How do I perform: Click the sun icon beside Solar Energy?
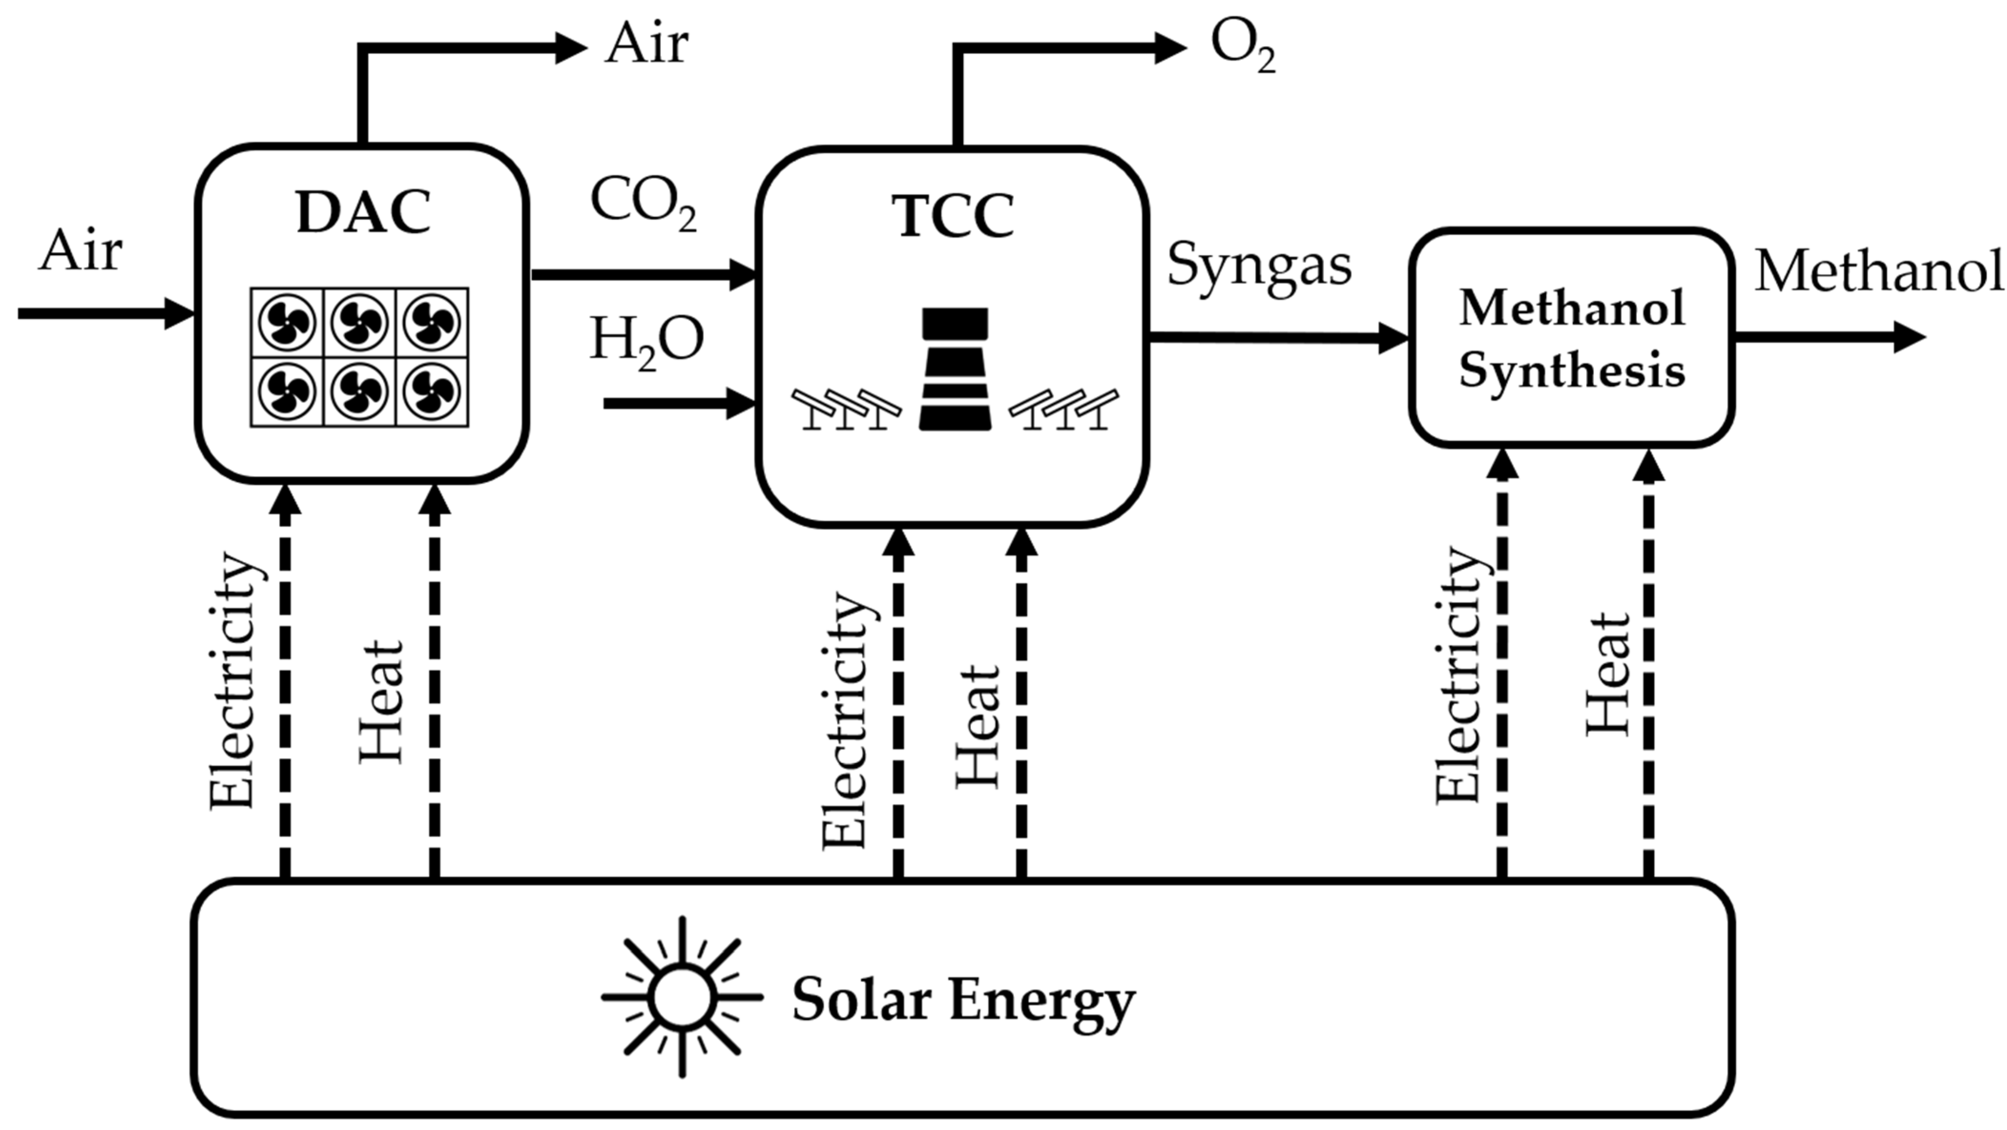click(x=683, y=997)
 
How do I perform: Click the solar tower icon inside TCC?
click(x=955, y=369)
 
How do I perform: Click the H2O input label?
click(x=646, y=341)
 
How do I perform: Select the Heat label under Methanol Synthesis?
click(x=1608, y=674)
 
